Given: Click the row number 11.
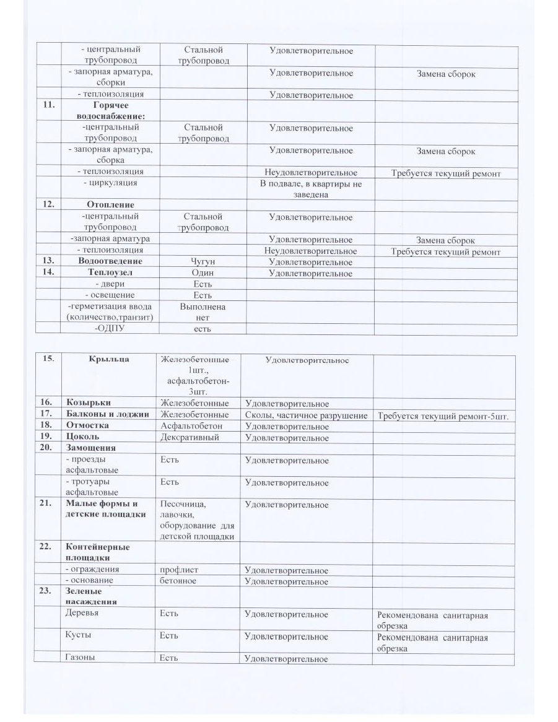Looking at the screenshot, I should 48,106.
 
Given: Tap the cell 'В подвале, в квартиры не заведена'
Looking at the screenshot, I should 310,189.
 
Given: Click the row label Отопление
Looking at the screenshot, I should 111,204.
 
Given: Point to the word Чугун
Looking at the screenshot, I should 203,262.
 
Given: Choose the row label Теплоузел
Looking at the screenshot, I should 111,272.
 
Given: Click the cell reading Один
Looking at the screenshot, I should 203,272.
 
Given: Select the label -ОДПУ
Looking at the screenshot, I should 110,328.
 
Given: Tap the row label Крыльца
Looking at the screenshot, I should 109,360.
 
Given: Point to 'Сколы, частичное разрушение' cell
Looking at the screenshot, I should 307,415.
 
